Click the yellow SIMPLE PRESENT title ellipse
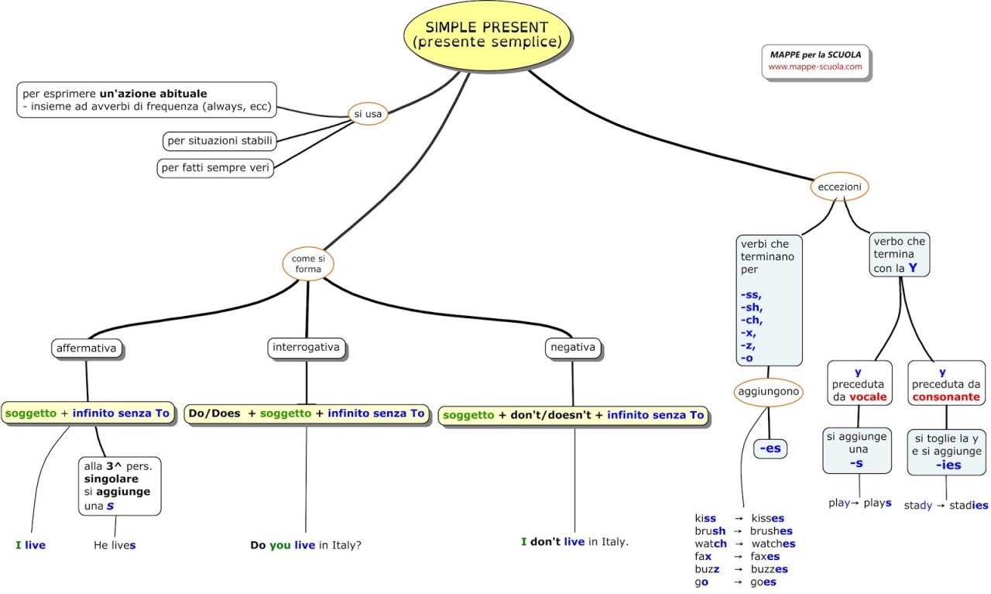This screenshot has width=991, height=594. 488,35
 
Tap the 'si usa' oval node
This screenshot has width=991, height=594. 368,114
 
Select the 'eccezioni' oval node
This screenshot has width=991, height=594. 839,187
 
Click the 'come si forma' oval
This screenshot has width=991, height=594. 307,263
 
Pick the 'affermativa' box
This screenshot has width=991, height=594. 86,349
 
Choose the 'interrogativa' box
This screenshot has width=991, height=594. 307,347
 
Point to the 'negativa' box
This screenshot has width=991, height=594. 572,348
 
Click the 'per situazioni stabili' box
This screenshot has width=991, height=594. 220,141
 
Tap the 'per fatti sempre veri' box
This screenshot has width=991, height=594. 215,168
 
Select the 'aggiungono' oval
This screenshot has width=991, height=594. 768,393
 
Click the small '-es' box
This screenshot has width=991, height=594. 770,448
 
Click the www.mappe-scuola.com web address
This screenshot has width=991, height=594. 814,67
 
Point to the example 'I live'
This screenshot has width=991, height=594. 30,545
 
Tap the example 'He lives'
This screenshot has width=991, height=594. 115,545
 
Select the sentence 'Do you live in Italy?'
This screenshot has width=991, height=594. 306,545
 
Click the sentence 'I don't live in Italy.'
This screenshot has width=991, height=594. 574,542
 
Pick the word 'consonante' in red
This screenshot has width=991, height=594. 946,397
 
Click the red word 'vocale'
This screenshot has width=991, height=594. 867,397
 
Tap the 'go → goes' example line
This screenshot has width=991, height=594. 735,582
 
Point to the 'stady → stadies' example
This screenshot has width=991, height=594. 945,505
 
